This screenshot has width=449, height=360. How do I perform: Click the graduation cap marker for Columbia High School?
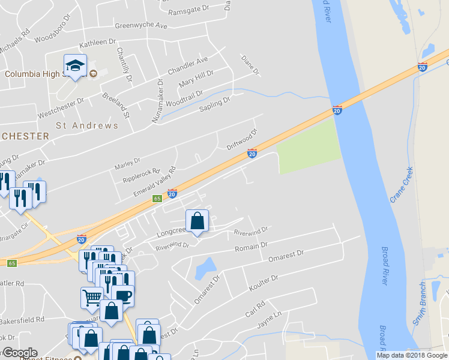pyautogui.click(x=76, y=66)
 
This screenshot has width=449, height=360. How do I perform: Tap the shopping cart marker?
pyautogui.click(x=92, y=296)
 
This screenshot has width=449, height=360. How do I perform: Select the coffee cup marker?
pyautogui.click(x=123, y=295)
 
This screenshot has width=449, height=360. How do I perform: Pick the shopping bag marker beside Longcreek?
pyautogui.click(x=197, y=221)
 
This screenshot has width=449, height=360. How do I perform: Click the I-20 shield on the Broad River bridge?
pyautogui.click(x=337, y=110)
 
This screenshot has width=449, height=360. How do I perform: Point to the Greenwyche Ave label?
pyautogui.click(x=141, y=26)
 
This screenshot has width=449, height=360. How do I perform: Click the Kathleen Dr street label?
pyautogui.click(x=97, y=43)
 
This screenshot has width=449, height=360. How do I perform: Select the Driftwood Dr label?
pyautogui.click(x=242, y=140)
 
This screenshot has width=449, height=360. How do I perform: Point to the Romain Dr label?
pyautogui.click(x=251, y=247)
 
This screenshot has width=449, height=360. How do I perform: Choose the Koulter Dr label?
pyautogui.click(x=263, y=283)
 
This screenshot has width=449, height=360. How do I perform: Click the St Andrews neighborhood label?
pyautogui.click(x=87, y=126)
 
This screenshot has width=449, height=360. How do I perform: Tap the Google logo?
pyautogui.click(x=19, y=353)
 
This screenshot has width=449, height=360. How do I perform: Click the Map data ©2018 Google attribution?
pyautogui.click(x=412, y=355)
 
